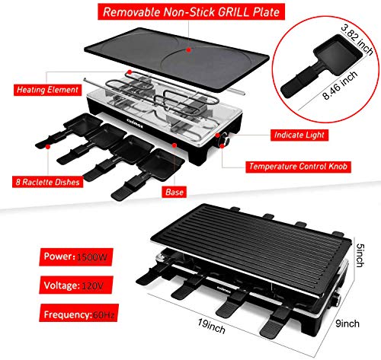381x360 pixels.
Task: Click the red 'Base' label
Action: (174, 193)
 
